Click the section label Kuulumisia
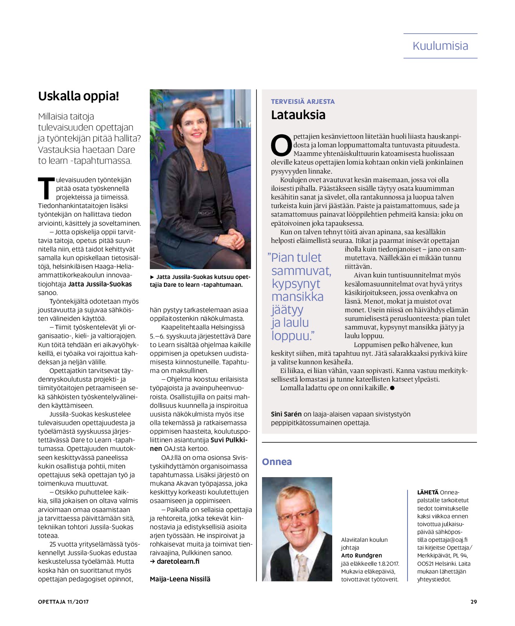pos(440,46)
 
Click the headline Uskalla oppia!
pos(78,96)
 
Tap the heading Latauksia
pos(298,115)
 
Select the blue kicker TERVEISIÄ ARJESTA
pos(303,101)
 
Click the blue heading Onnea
pos(277,461)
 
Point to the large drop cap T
pos(45,188)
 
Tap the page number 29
pos(473,602)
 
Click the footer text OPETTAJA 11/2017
pos(63,602)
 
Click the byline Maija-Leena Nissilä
pos(180,579)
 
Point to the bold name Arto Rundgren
pos(361,555)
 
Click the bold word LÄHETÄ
pos(428,492)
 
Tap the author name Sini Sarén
pos(286,414)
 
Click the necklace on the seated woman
pos(201,165)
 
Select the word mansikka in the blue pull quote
pos(297,297)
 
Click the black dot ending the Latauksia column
pos(392,388)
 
